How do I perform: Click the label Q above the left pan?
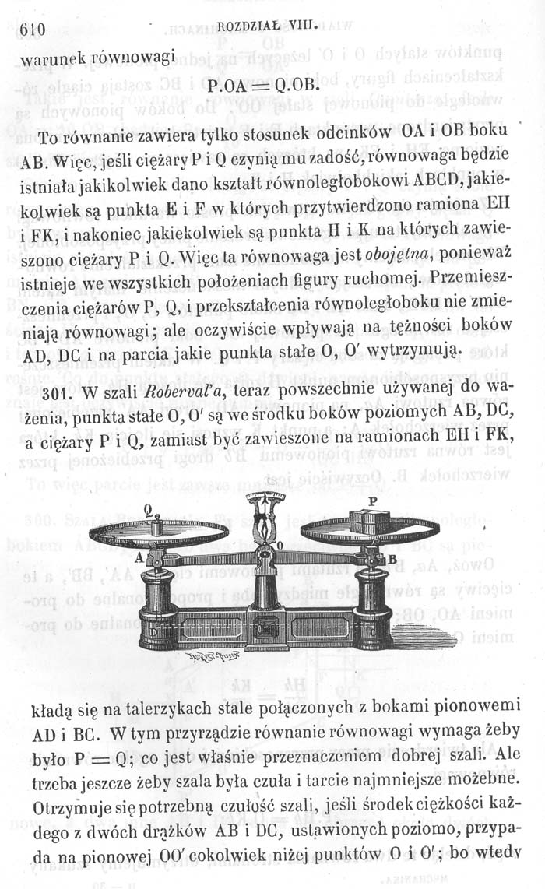coord(149,509)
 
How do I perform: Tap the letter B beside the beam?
coord(392,560)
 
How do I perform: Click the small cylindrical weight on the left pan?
coord(159,529)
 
